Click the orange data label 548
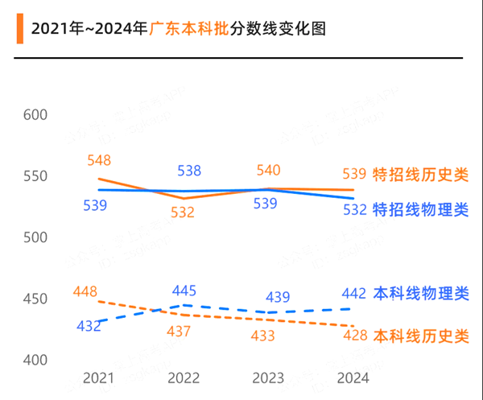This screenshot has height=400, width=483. click(98, 161)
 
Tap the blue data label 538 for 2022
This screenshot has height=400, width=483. click(188, 171)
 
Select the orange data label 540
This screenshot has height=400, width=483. click(268, 171)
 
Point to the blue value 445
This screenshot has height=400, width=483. click(184, 291)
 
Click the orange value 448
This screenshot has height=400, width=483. click(85, 291)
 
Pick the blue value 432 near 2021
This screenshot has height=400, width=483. click(89, 325)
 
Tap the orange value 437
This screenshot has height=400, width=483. click(179, 331)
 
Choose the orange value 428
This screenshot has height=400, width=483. click(355, 335)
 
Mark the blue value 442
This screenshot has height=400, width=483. click(355, 293)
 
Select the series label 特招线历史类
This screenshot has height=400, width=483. click(420, 174)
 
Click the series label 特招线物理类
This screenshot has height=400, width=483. click(420, 209)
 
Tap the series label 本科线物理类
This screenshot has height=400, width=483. click(420, 293)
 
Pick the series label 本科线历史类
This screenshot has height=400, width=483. click(420, 335)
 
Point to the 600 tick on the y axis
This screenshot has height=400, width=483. click(36, 115)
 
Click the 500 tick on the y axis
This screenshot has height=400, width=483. click(36, 238)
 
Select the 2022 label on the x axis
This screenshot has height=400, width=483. click(184, 377)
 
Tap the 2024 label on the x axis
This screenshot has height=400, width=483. click(353, 377)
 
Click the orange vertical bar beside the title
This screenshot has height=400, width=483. click(18, 28)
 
